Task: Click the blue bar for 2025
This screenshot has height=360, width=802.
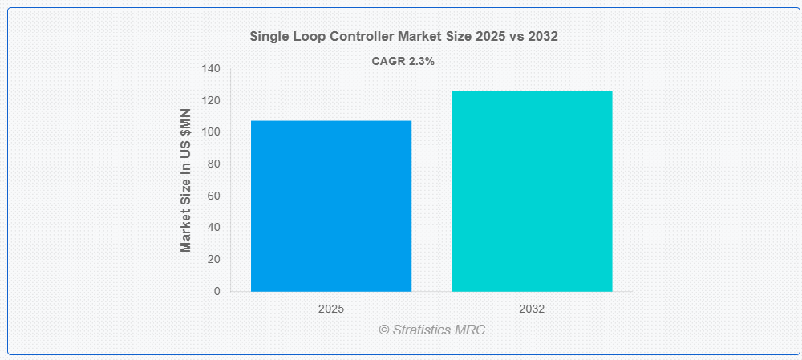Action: click(331, 206)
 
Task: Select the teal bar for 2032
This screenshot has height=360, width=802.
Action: click(532, 192)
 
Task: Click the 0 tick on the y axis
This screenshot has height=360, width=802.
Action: click(217, 291)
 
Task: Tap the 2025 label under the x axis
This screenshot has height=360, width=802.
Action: click(331, 309)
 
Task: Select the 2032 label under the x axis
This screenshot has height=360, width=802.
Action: click(532, 309)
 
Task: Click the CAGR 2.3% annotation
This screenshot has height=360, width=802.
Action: click(403, 62)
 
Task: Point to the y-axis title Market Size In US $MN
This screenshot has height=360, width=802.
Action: click(186, 180)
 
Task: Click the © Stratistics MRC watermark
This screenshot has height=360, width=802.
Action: click(431, 330)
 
